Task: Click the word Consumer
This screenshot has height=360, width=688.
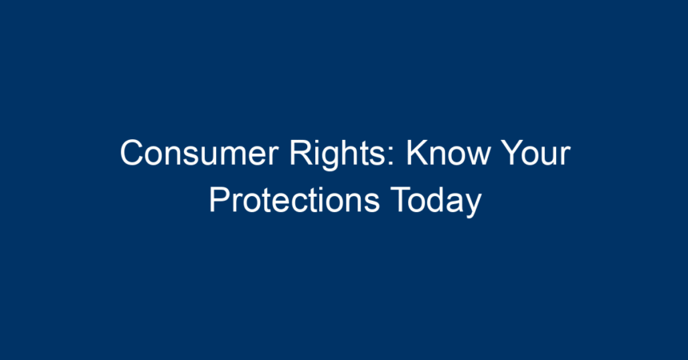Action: pyautogui.click(x=199, y=153)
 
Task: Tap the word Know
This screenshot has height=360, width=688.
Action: pyautogui.click(x=448, y=153)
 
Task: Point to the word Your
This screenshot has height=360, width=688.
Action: pyautogui.click(x=536, y=153)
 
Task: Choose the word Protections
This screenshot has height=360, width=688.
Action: pyautogui.click(x=294, y=199)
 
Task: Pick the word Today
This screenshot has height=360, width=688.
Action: pyautogui.click(x=436, y=202)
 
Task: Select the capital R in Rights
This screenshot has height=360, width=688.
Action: pyautogui.click(x=301, y=153)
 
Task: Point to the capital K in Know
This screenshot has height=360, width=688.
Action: pyautogui.click(x=418, y=153)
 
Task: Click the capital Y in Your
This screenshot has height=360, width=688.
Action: pyautogui.click(x=513, y=153)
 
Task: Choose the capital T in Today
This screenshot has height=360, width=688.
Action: pyautogui.click(x=400, y=199)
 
